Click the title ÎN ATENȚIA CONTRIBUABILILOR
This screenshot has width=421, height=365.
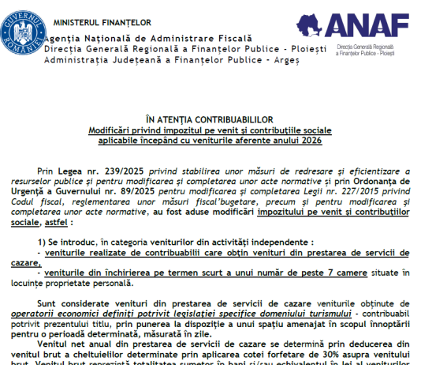[210, 117]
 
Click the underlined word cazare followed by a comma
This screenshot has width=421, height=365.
[26, 262]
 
